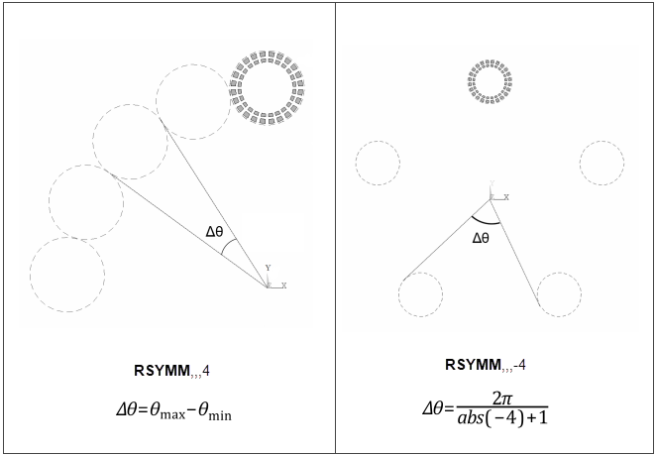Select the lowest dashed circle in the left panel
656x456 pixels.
pos(67,275)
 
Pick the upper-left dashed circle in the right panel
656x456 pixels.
pos(378,163)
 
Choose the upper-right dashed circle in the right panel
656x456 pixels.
pos(602,163)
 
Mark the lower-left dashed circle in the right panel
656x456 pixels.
pos(420,294)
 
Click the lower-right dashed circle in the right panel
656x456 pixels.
pos(559,294)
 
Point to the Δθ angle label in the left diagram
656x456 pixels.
pos(216,232)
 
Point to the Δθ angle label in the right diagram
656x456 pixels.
pos(481,238)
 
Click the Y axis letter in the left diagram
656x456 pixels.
pos(267,268)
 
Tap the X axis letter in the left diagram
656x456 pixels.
pos(283,285)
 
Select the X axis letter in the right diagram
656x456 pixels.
pos(505,197)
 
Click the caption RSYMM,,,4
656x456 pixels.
pos(171,372)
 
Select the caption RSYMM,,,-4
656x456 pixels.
pos(486,365)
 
